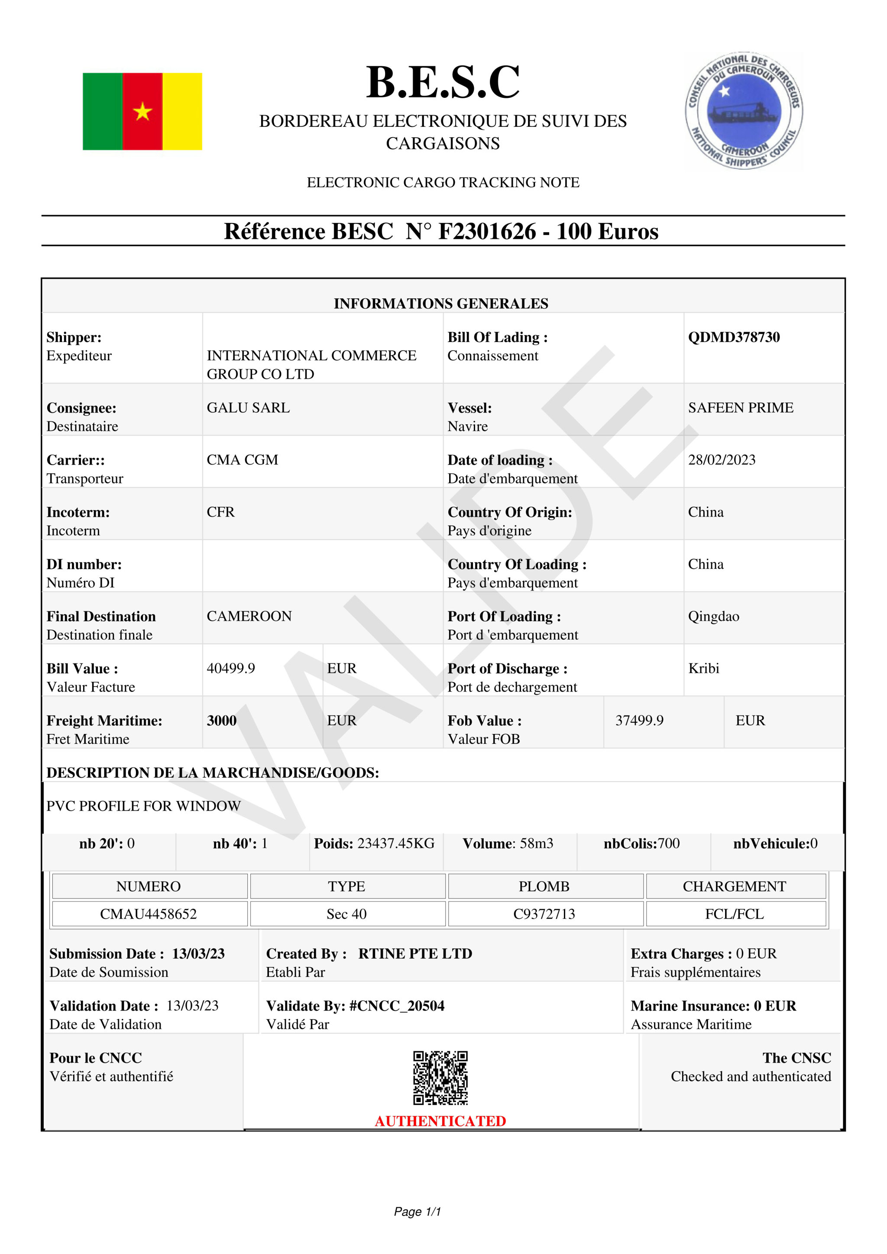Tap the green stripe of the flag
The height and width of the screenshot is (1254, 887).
[102, 111]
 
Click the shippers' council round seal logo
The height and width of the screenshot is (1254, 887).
[744, 111]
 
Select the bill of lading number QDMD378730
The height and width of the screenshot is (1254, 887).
[734, 337]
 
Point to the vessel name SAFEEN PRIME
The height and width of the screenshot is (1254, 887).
[740, 407]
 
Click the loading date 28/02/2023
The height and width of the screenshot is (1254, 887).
[722, 460]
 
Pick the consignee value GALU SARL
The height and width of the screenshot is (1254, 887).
[248, 407]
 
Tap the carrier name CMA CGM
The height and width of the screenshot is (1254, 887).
[242, 460]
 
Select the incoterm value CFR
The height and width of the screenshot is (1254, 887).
[220, 512]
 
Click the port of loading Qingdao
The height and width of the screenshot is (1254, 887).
[713, 616]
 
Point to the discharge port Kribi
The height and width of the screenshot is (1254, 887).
[703, 668]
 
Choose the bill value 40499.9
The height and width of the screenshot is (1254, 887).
[230, 668]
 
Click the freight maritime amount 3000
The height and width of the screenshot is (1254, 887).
[221, 721]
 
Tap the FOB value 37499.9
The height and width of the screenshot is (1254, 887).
[639, 721]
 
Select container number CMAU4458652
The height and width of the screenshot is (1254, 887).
[148, 914]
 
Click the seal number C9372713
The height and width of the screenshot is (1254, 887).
[544, 914]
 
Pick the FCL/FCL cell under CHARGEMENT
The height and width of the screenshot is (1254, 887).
[734, 914]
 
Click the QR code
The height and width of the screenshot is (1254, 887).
[440, 1078]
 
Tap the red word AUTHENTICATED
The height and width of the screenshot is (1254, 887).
[440, 1121]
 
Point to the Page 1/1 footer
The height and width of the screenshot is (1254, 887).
[417, 1212]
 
